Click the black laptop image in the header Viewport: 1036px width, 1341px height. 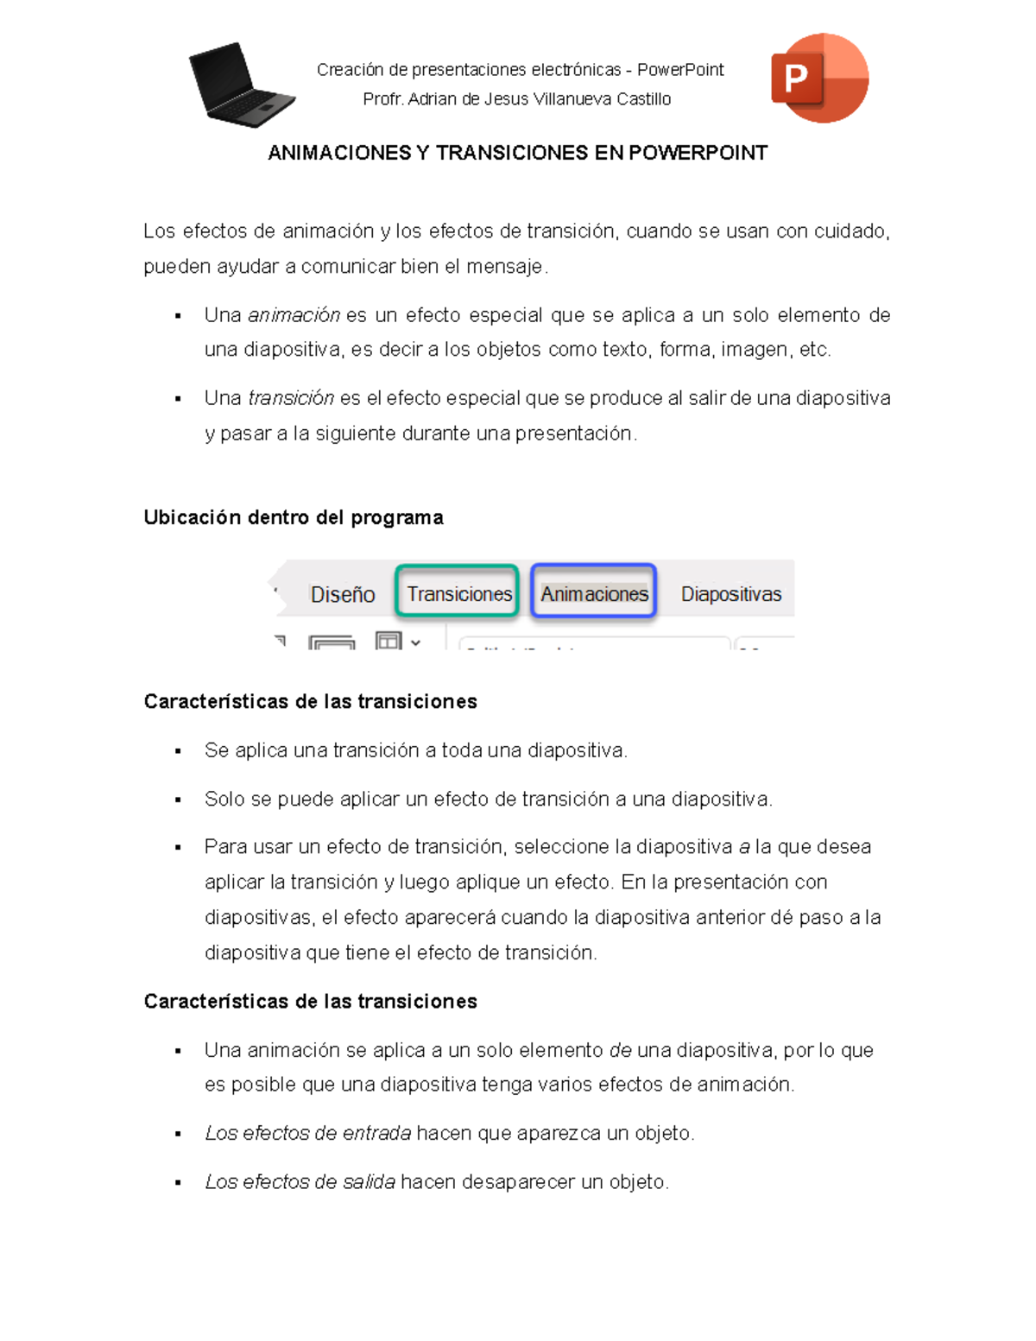point(241,85)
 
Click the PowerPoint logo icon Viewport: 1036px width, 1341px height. point(819,79)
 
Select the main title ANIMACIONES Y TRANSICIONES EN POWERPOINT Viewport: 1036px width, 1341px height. point(517,153)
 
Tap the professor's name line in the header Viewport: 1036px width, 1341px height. point(516,99)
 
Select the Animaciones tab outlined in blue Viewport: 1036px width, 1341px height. point(594,593)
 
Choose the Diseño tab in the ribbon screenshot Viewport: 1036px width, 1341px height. point(343,595)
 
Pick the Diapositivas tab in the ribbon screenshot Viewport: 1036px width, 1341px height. point(730,594)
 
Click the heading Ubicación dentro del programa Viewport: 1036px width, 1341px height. point(294,517)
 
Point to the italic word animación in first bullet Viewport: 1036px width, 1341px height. point(294,315)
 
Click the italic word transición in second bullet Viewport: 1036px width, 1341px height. point(291,398)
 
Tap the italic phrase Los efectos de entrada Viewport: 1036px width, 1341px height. point(308,1133)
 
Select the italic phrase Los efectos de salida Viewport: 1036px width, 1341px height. point(300,1181)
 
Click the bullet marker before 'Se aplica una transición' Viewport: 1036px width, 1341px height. point(178,751)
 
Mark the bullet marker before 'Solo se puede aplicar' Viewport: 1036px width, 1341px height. point(178,800)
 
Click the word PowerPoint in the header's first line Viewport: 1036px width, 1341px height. point(680,70)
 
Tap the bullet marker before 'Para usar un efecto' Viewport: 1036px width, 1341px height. point(178,848)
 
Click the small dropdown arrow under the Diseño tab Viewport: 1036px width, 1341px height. point(416,642)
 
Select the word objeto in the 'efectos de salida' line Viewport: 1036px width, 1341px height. point(637,1181)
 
